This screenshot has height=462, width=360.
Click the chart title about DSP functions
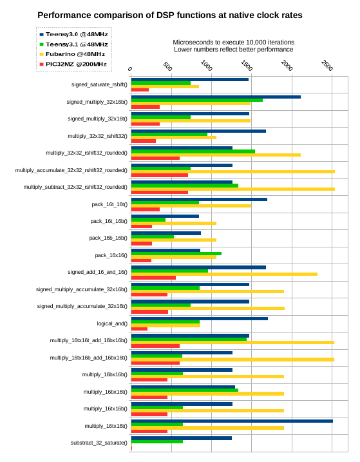pos(169,15)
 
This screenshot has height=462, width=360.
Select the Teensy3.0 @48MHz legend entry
pos(74,35)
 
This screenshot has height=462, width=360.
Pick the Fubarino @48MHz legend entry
pos(72,54)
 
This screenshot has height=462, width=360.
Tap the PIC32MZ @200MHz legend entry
pos(73,64)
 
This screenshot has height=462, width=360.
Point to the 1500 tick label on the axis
pos(247,66)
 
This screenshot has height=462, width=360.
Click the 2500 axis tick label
pos(327,66)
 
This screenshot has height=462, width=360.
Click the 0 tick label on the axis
pos(130,69)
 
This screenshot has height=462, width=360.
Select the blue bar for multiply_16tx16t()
pos(232,421)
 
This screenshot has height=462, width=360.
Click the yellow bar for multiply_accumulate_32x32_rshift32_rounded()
pos(233,172)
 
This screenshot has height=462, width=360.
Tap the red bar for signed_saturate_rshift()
pos(140,90)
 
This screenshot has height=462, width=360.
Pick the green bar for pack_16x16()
pos(176,254)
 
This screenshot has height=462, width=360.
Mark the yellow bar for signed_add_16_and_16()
pos(225,274)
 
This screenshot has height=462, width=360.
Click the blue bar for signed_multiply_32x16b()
pos(216,97)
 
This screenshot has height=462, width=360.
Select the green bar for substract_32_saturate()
pos(157,441)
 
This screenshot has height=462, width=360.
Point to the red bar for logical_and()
pos(139,329)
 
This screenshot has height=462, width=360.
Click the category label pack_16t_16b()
pos(109,221)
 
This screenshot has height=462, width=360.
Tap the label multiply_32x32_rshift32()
pos(97,136)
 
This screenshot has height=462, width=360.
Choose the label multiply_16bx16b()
pos(105,374)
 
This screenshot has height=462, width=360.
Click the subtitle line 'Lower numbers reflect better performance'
pos(234,50)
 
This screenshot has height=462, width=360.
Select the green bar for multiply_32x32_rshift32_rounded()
pos(193,151)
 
